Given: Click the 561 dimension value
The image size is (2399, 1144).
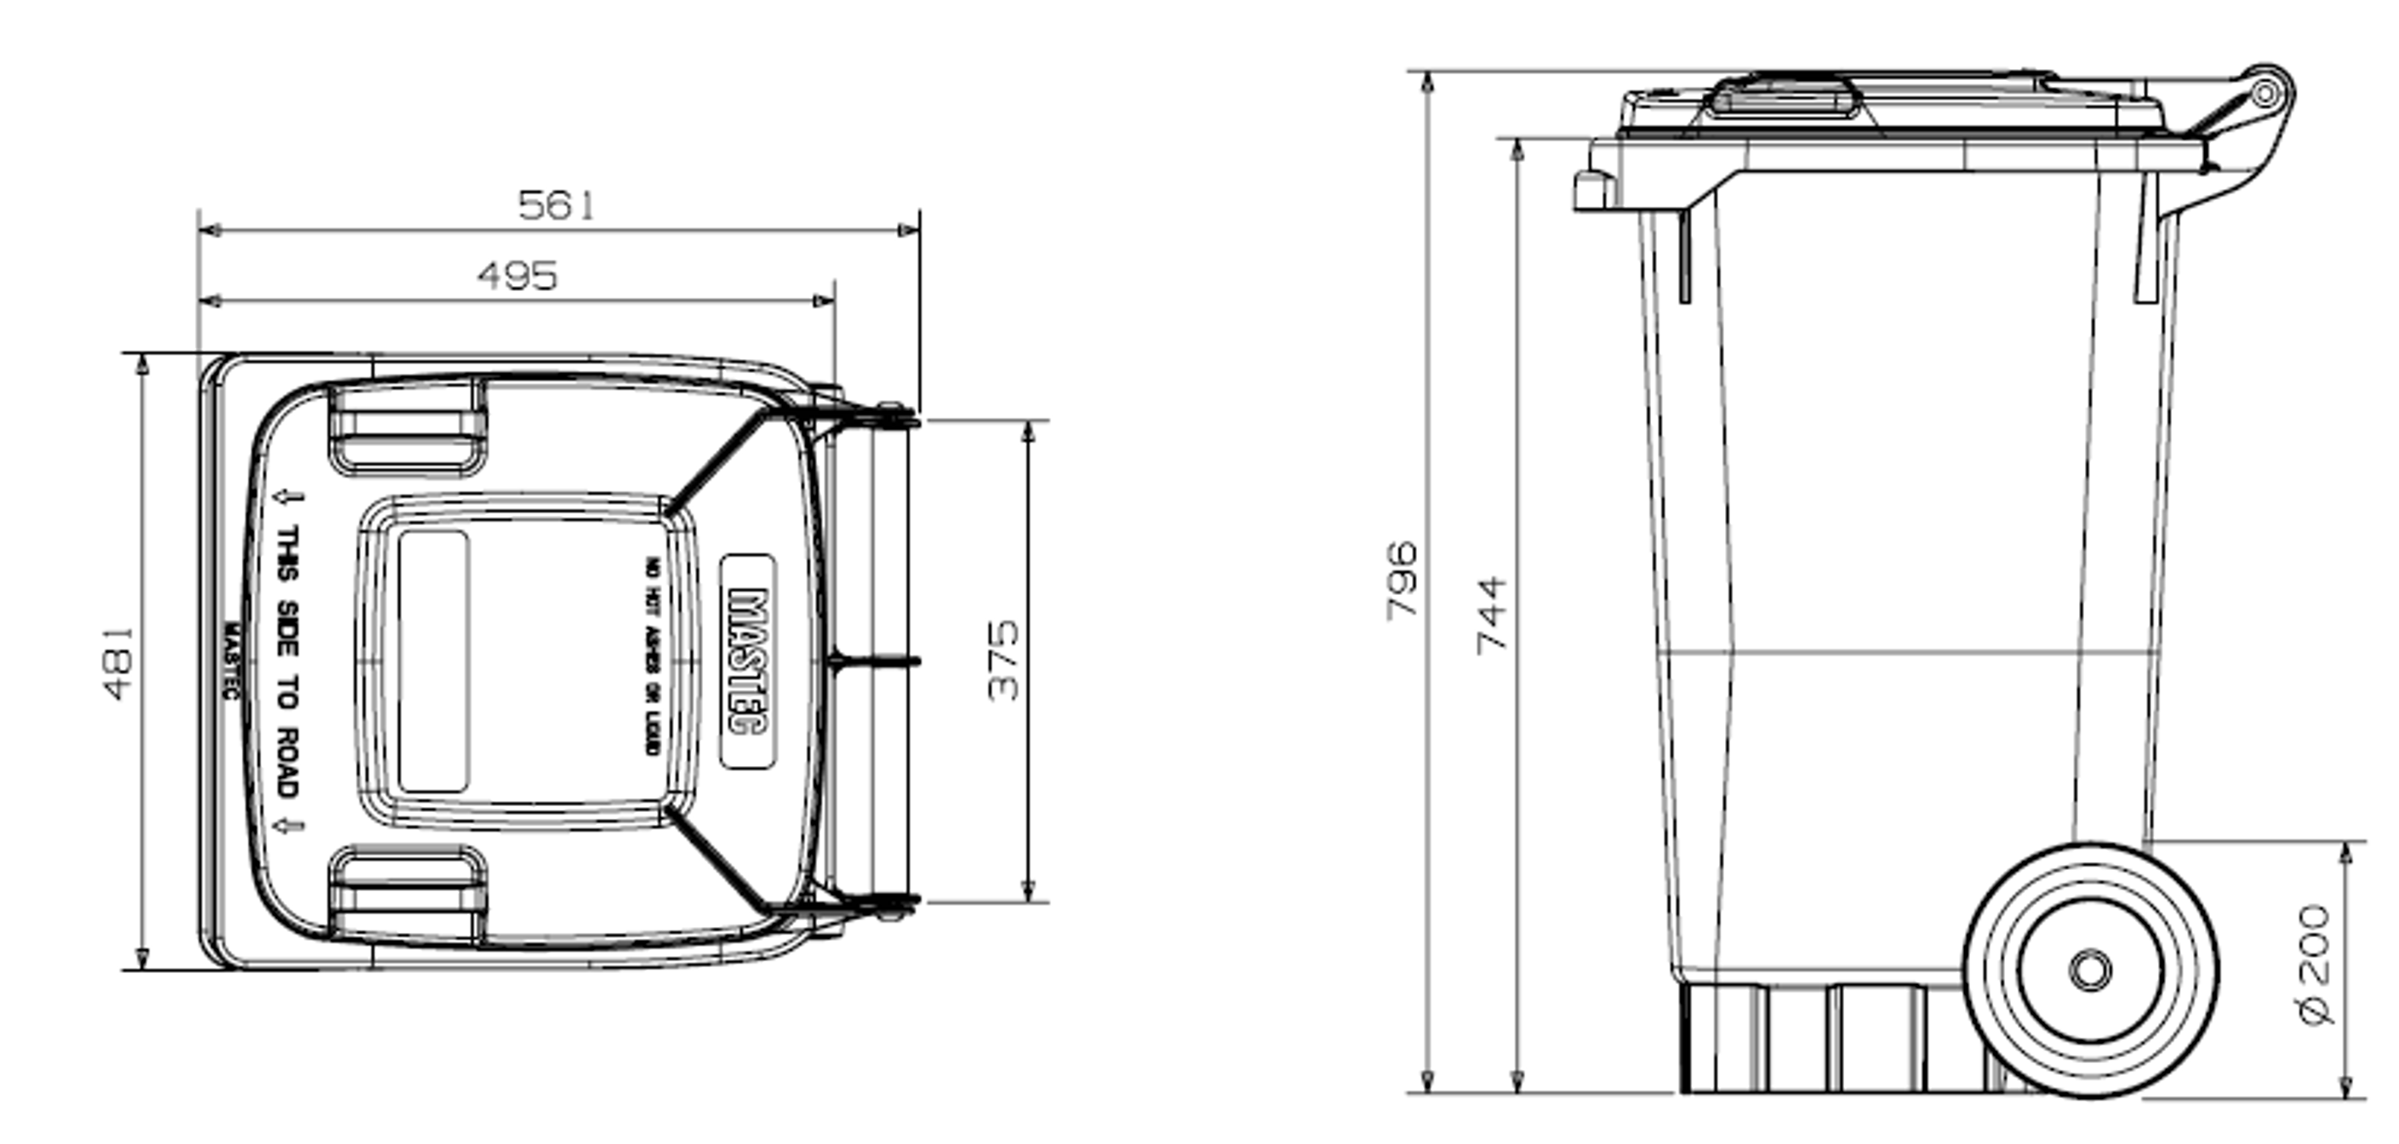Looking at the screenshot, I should pos(556,205).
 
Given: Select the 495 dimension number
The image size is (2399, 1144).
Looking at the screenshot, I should pos(517,277).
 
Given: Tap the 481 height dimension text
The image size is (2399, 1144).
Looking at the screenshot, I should pos(118,663).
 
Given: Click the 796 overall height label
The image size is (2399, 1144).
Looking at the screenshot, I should pos(1402,579).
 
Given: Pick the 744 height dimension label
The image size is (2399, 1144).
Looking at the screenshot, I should pos(1492,615).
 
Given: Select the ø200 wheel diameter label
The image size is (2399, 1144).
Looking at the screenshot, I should pos(2316,964).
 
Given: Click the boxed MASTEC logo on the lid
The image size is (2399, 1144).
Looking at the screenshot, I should pos(748,661).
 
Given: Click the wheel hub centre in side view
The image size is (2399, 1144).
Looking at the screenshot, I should pos(2091,970).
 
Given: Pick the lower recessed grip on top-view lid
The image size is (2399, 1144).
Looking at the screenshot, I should pos(408,895).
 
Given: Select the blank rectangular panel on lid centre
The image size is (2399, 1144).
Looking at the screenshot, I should pos(433,661).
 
